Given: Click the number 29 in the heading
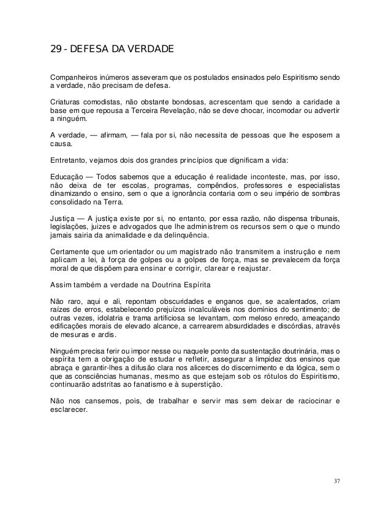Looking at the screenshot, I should pos(55,48).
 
